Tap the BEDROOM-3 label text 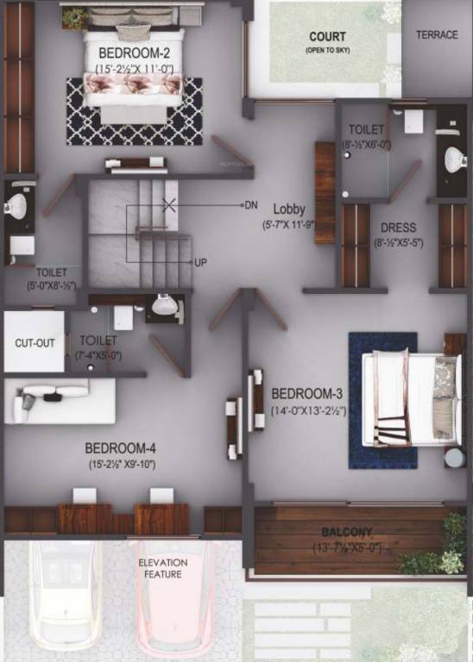click(307, 393)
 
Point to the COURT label click(327, 37)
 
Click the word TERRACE click(437, 35)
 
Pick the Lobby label click(289, 209)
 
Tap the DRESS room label click(397, 228)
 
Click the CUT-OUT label click(35, 343)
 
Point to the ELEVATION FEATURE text click(162, 568)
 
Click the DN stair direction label click(251, 205)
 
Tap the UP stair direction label click(200, 262)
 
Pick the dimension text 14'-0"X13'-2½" click(308, 411)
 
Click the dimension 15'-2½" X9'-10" click(122, 465)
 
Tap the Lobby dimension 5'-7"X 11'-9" click(289, 226)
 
